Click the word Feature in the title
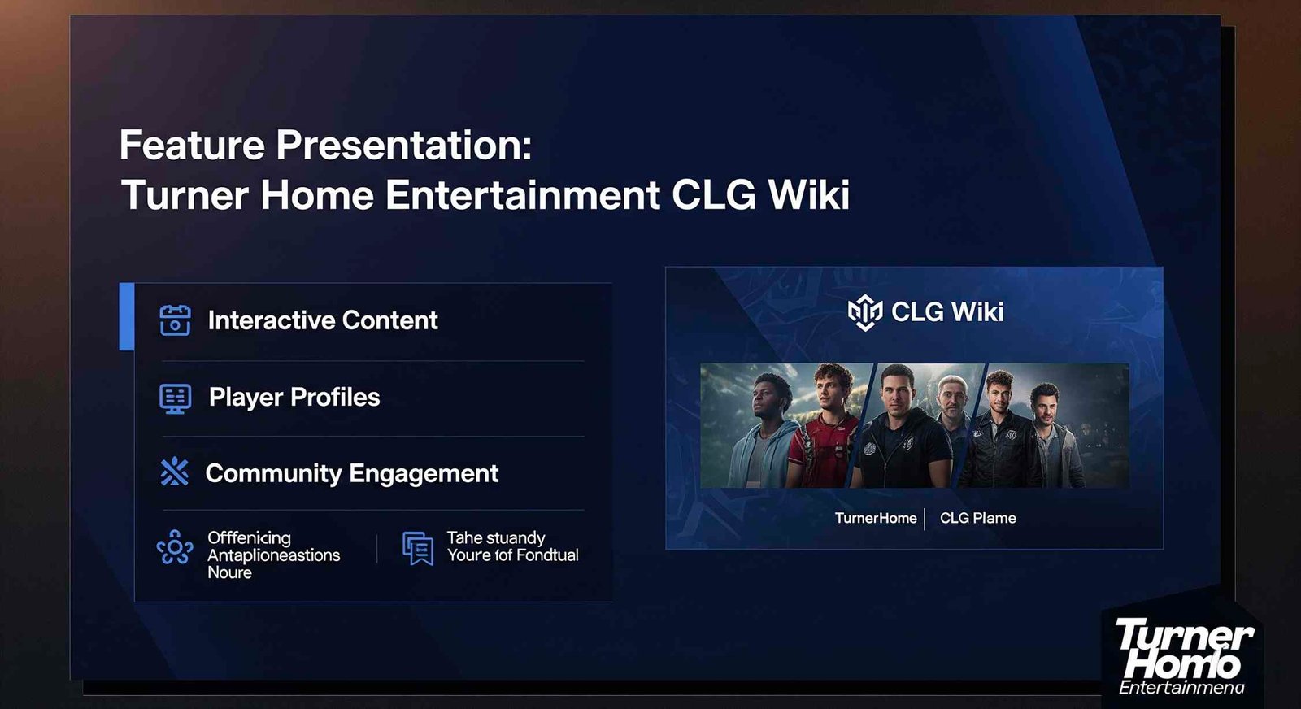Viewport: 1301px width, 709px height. [192, 146]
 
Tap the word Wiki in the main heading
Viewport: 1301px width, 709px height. [808, 195]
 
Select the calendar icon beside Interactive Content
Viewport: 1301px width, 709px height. [175, 320]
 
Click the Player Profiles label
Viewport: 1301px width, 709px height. [294, 397]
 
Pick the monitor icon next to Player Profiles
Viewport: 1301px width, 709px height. [175, 398]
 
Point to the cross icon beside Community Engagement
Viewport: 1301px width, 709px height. [174, 472]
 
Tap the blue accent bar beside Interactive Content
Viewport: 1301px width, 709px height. [126, 316]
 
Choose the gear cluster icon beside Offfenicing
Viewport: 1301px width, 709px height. [175, 548]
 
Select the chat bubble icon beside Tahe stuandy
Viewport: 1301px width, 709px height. [418, 548]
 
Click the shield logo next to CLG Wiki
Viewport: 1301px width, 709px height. [864, 312]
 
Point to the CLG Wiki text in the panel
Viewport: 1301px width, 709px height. [947, 311]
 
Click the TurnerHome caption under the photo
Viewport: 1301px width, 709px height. [876, 518]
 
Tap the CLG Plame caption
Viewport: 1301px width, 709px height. [977, 518]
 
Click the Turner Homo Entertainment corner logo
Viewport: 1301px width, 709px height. [1182, 655]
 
